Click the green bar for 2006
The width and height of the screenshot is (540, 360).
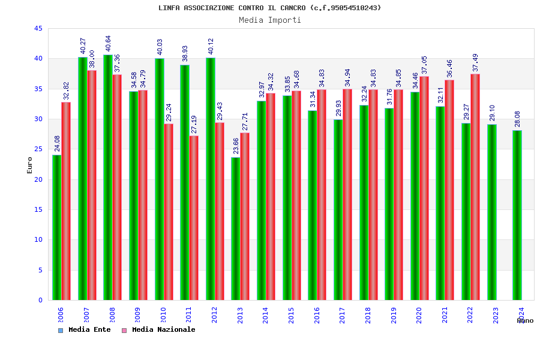56,227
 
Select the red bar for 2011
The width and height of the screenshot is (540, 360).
194,218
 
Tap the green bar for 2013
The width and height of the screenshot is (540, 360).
236,229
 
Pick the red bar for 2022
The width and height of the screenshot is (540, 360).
475,187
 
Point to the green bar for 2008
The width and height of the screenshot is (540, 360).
108,177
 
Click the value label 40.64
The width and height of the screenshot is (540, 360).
108,43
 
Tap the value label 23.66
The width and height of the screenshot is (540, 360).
236,146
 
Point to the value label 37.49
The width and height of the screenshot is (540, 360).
475,62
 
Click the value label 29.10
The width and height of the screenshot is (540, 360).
492,113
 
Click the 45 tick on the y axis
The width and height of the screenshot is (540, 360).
38,29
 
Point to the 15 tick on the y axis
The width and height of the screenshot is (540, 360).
38,209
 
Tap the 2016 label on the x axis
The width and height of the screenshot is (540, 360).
317,316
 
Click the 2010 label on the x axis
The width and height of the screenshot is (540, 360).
163,316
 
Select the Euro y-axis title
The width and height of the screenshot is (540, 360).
30,165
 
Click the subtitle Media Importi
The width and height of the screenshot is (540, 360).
270,20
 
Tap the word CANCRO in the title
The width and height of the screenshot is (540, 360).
294,8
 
